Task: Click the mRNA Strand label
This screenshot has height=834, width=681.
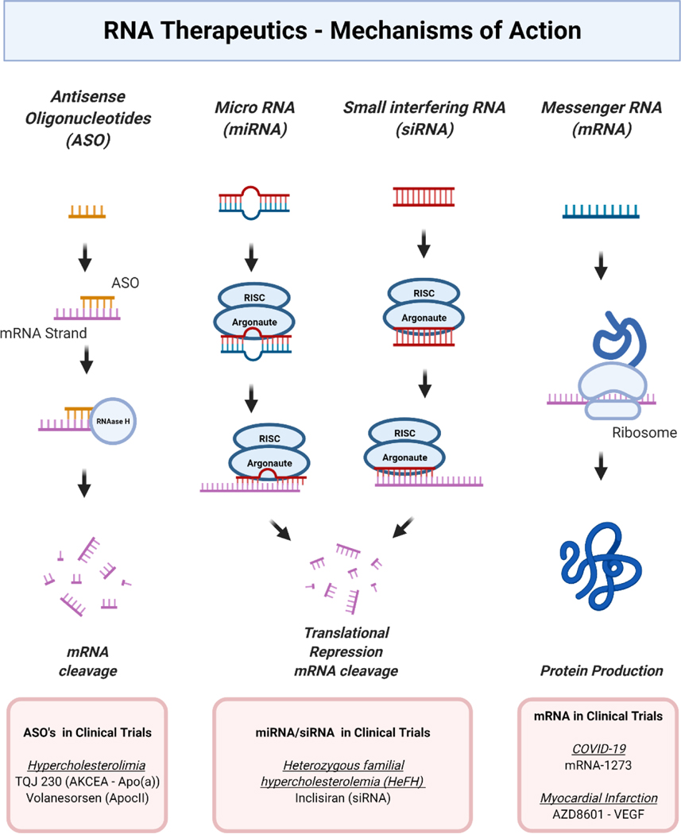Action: pos(44,334)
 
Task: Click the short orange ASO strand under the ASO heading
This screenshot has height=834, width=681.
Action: pos(87,212)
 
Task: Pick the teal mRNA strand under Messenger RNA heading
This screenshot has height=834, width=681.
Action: pos(602,210)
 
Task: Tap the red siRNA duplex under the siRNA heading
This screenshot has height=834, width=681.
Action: pos(424,196)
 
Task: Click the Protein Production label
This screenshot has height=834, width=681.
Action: pos(602,670)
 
